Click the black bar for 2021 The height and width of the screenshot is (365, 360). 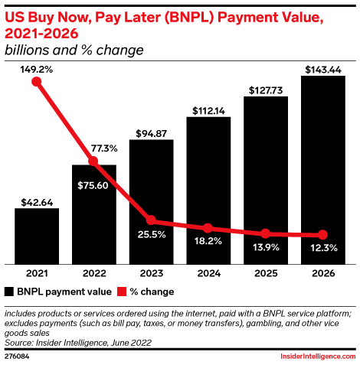point(36,235)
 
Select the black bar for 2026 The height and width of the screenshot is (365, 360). point(322,168)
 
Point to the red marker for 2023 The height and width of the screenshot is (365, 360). point(151,220)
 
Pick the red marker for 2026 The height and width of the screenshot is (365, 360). point(322,235)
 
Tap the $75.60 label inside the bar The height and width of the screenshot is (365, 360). point(93,184)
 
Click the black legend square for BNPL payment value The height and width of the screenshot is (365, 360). point(9,292)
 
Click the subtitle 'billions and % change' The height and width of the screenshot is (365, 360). point(74,51)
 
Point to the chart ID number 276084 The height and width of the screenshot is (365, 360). point(17,356)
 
